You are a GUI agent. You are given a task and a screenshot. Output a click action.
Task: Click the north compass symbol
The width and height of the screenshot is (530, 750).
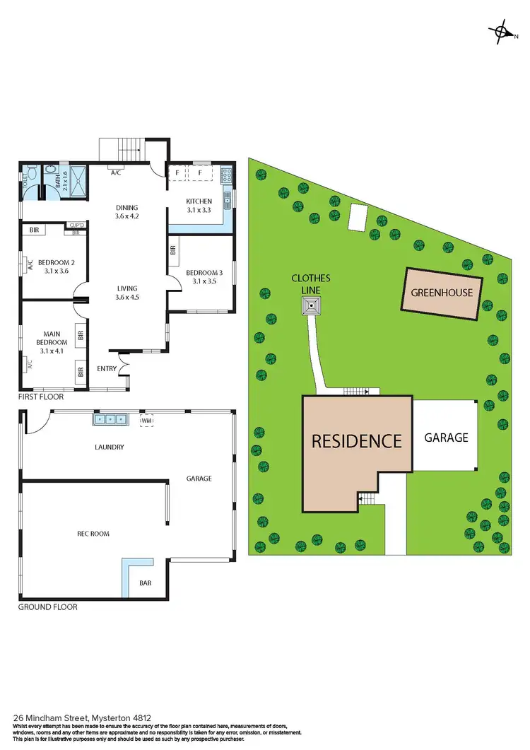(x=502, y=31)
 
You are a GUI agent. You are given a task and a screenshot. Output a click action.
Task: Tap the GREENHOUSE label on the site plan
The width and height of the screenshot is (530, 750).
(x=442, y=292)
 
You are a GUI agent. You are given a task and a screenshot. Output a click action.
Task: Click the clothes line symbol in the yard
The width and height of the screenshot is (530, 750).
(x=310, y=306)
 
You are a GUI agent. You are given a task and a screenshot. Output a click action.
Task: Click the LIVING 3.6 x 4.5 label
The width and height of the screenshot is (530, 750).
(x=127, y=293)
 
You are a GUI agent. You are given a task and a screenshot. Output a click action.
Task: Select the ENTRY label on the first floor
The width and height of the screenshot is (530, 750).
(x=107, y=368)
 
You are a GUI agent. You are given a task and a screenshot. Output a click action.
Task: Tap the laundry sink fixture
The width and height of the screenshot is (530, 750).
(x=110, y=419)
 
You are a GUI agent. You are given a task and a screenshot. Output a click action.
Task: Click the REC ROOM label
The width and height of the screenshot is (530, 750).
(x=94, y=534)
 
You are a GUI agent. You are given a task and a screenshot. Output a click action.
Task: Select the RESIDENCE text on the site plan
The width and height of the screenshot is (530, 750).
(x=357, y=441)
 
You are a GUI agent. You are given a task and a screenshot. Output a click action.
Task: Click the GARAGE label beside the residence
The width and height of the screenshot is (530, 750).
(x=446, y=438)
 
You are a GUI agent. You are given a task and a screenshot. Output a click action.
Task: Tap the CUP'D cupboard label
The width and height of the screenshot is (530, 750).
(x=77, y=225)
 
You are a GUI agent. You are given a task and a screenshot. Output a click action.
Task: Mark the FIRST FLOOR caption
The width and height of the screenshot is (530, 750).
(x=42, y=397)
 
